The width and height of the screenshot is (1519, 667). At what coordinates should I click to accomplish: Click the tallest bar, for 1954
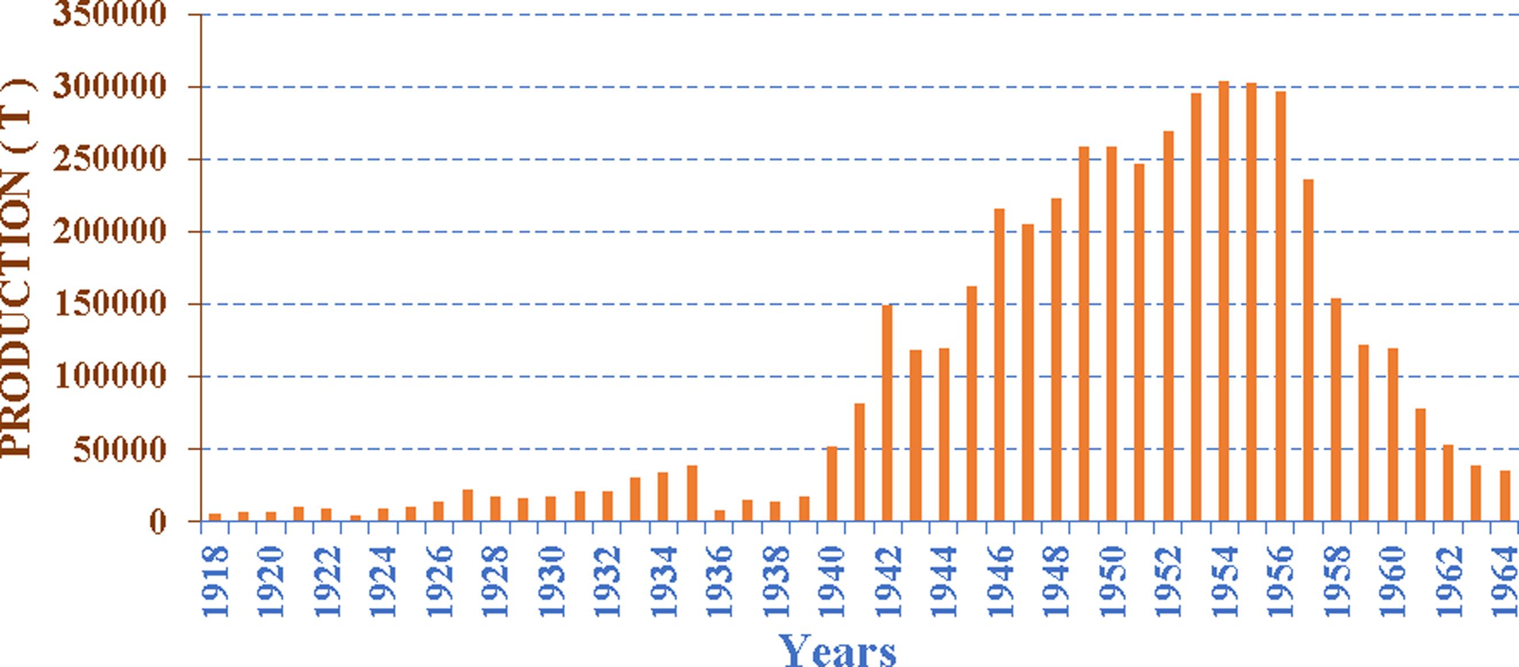pos(1223,301)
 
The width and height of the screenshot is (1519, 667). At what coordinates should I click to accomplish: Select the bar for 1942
pos(887,413)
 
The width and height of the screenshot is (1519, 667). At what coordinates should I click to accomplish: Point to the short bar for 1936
pos(720,515)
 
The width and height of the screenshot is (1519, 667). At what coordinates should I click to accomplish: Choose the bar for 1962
pos(1448,483)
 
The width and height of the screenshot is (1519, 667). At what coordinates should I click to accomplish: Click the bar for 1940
pos(832,484)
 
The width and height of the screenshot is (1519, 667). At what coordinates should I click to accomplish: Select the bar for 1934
pos(663,497)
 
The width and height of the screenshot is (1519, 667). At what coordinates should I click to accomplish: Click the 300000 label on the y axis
pos(109,87)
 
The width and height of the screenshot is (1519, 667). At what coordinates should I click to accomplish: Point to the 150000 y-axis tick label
pos(109,304)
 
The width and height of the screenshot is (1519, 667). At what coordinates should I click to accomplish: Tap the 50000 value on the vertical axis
pos(120,450)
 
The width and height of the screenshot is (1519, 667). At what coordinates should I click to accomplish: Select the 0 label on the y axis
pos(158,522)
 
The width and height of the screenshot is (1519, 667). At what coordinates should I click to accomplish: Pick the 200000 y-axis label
pos(109,232)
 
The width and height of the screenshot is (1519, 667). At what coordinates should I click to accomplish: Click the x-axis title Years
pos(837,651)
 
